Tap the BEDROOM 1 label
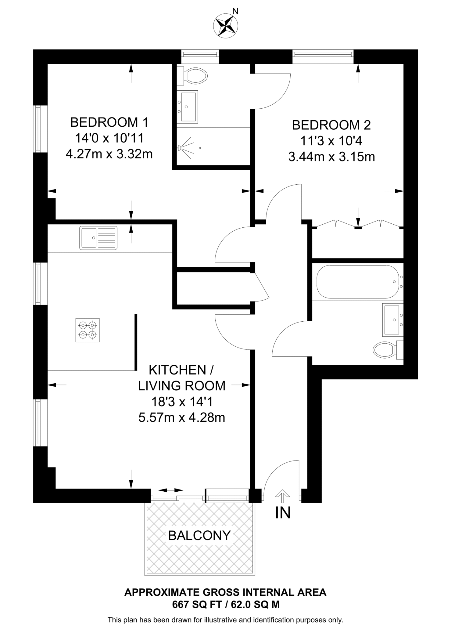(109, 122)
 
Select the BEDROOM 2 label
(331, 125)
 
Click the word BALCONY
(199, 535)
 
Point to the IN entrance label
(283, 513)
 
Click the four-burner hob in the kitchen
(88, 330)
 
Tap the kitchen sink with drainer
(98, 238)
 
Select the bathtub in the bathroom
(357, 282)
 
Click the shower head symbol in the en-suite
(180, 148)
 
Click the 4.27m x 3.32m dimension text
(109, 154)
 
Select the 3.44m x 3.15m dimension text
(331, 157)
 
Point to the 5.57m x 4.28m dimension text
(182, 417)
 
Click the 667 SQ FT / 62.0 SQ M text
(226, 605)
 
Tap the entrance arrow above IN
(283, 496)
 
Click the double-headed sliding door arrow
(171, 490)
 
